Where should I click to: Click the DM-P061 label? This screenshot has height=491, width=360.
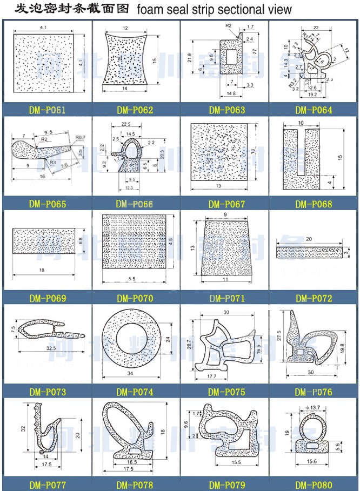47,111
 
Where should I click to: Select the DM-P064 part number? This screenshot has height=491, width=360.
314,111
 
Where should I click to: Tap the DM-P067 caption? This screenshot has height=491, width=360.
226,205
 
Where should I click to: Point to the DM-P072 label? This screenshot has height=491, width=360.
314,298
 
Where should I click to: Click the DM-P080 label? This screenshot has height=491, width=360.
314,485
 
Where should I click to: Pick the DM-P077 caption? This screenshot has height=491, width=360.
47,485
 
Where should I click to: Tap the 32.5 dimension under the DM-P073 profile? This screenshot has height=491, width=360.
51,348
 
